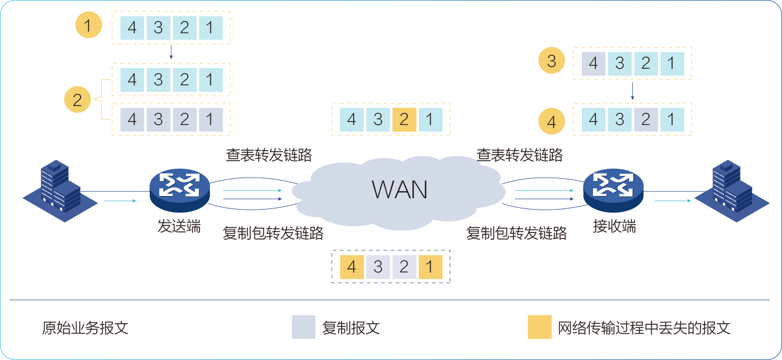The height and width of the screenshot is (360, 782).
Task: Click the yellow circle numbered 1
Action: pos(89,27)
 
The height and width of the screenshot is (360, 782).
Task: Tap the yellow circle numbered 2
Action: pos(78,99)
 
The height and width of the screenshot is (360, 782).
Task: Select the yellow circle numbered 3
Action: pos(552,62)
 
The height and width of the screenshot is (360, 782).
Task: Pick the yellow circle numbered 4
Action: pos(552,123)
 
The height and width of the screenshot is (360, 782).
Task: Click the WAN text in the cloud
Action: pos(399,189)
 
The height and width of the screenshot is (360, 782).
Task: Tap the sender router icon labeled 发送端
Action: pos(179,189)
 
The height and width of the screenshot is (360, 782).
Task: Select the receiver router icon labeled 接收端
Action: pos(613,189)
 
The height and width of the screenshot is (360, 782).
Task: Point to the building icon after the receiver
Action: pos(732,185)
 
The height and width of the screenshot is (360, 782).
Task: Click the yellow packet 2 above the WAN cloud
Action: pos(404,120)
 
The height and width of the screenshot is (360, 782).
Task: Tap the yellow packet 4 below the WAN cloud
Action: pos(352,266)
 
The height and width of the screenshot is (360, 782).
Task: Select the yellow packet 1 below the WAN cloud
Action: pos(430,266)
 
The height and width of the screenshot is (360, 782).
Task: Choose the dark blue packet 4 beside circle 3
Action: pos(594,63)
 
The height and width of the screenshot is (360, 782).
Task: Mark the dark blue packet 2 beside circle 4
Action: pos(646,120)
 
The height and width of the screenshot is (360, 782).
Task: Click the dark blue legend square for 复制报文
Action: pos(303,327)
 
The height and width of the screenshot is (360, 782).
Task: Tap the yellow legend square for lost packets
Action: pos(540,327)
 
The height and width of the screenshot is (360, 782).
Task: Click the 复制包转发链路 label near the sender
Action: pos(273,233)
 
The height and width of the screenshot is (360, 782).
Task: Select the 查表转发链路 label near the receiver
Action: pos(520,155)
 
